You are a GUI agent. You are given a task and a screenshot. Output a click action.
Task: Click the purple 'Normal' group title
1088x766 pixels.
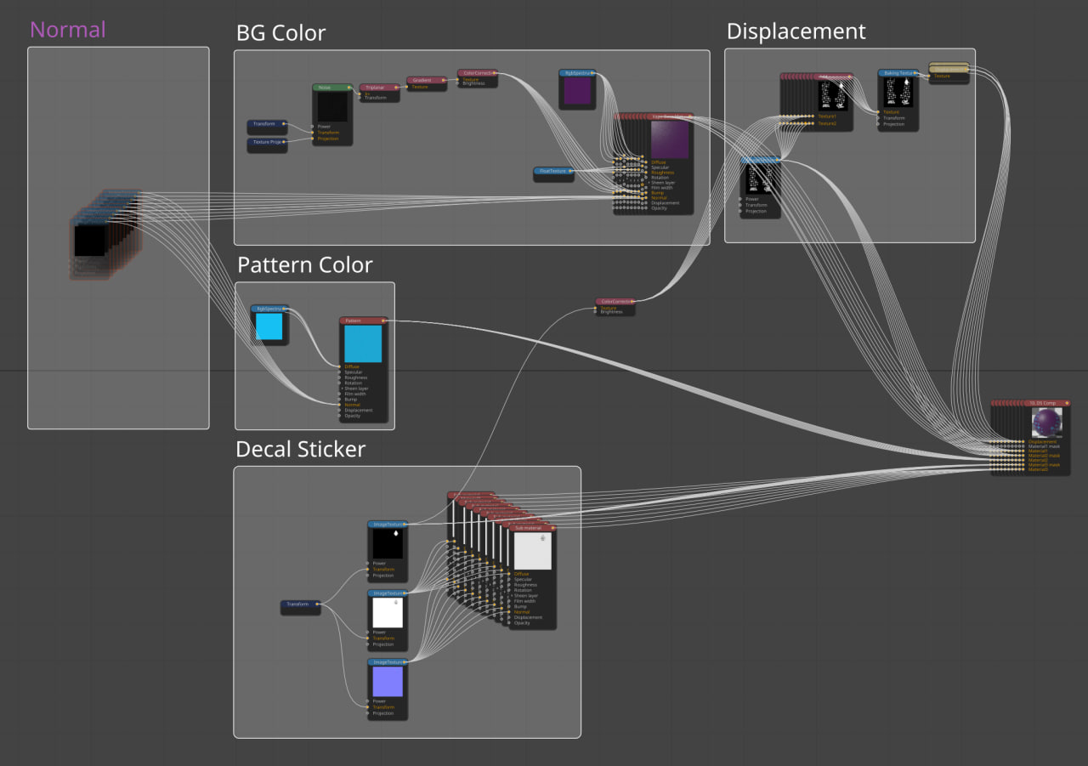[x=68, y=30]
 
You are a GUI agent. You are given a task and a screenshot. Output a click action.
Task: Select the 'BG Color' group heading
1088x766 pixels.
[x=280, y=34]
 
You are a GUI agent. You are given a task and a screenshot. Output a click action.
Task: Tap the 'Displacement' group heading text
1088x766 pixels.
[x=796, y=32]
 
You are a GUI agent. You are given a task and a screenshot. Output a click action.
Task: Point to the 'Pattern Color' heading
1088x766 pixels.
[x=304, y=265]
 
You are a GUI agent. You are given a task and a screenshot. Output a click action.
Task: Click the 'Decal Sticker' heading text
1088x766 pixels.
[x=300, y=450]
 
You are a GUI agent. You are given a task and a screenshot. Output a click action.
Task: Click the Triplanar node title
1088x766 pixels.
[x=378, y=87]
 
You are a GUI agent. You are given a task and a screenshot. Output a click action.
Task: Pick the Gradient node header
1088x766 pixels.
[x=426, y=80]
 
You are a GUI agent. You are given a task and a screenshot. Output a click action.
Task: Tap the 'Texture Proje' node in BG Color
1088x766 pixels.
[x=267, y=142]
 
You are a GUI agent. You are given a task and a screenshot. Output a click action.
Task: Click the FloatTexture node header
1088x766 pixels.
[x=553, y=171]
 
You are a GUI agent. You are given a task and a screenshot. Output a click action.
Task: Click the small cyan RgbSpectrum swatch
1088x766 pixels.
[x=269, y=326]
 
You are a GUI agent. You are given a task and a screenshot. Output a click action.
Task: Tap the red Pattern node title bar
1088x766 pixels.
[x=363, y=321]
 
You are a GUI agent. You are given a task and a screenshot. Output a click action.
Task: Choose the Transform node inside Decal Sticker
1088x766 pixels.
[x=300, y=604]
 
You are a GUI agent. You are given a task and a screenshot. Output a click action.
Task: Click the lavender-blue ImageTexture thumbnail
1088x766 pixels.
[x=387, y=681]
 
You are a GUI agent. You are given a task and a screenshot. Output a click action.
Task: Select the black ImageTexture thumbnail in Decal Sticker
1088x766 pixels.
[x=387, y=543]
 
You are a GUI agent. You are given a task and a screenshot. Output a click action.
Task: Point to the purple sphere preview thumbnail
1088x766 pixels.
[x=1046, y=423]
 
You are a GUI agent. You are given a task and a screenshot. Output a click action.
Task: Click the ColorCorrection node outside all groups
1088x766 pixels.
[x=615, y=302]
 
